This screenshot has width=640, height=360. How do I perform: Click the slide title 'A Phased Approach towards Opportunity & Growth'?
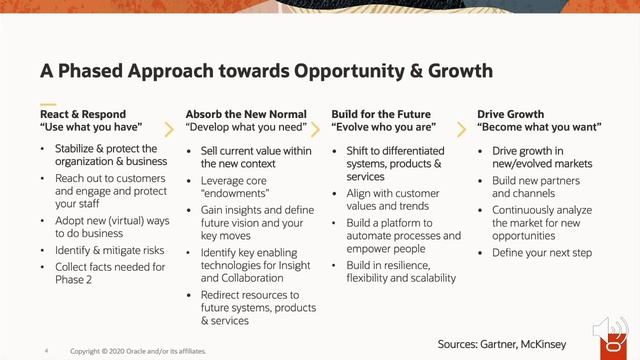[x=266, y=71]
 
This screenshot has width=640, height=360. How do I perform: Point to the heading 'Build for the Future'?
[x=382, y=114]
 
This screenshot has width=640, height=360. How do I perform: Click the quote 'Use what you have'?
[x=91, y=129]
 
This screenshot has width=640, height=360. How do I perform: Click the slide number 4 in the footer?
[x=46, y=351]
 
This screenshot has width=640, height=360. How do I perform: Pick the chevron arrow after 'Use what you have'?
[x=168, y=129]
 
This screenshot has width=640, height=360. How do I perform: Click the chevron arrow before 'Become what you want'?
[x=460, y=129]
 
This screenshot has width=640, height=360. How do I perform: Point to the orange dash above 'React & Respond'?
[x=48, y=103]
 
